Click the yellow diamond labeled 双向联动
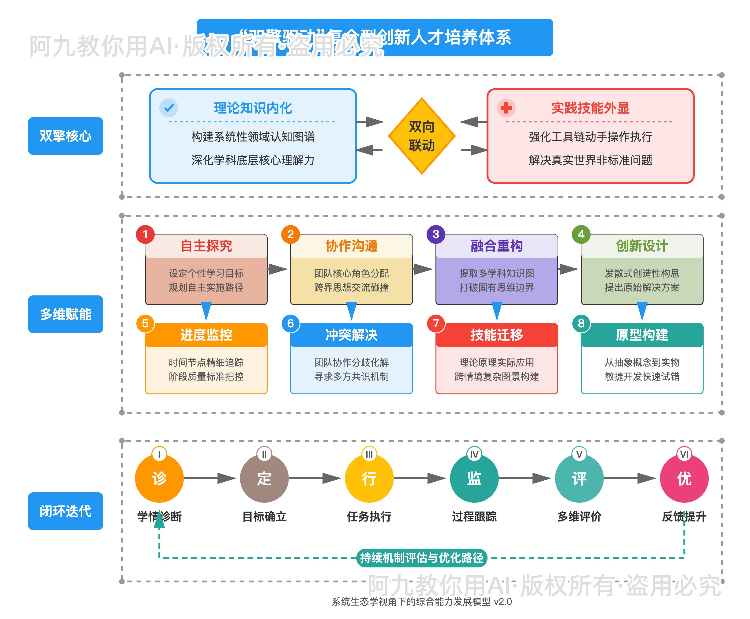[421, 136]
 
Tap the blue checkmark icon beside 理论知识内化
[169, 108]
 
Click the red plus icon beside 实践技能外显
[506, 108]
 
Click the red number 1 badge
[145, 234]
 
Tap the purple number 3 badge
[436, 234]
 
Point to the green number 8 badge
[581, 323]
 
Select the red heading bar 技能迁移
[497, 335]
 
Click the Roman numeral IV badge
[474, 454]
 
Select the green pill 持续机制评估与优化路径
[421, 558]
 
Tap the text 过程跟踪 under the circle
[474, 516]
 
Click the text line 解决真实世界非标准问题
[590, 160]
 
